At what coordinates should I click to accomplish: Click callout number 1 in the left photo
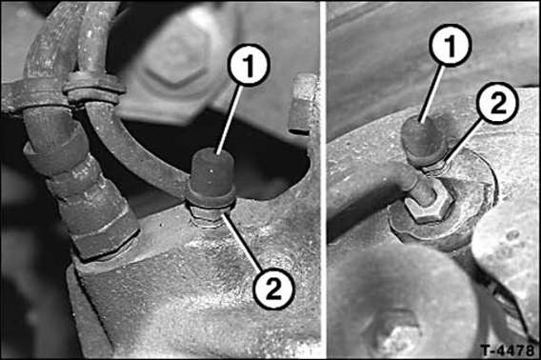tap(249, 65)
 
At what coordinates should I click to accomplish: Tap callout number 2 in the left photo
tap(273, 288)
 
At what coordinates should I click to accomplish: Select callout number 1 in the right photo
tap(451, 45)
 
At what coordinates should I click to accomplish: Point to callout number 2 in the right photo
tap(497, 103)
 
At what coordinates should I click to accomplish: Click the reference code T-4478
tap(507, 350)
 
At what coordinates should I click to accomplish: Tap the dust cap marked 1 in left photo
tap(211, 179)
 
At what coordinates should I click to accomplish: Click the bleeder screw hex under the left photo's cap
tap(207, 216)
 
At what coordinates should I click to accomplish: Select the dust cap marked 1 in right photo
tap(423, 141)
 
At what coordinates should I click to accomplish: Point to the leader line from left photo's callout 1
tap(228, 118)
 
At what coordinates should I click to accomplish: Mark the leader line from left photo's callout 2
tap(243, 243)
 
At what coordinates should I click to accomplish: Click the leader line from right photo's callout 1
tap(431, 92)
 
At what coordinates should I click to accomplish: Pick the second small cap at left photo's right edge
tap(303, 103)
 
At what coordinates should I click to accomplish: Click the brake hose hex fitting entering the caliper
tap(105, 234)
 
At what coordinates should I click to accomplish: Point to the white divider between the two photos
tap(323, 180)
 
